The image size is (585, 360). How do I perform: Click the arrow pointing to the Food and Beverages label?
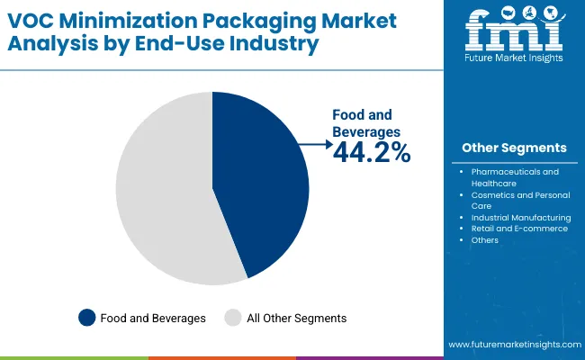(x=316, y=143)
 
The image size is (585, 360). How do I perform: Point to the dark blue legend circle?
(x=87, y=317)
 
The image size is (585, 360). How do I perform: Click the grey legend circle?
(x=232, y=317)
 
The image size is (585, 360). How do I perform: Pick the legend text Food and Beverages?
(x=153, y=318)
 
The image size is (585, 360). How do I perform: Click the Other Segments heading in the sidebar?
(x=514, y=148)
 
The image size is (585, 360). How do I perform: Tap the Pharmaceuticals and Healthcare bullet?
(x=514, y=176)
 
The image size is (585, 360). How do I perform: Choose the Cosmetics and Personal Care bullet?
(x=514, y=200)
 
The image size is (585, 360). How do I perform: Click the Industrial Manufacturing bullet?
(x=520, y=217)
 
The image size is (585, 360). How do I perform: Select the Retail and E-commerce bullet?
(x=518, y=229)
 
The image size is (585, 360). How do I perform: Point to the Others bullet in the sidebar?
(x=484, y=240)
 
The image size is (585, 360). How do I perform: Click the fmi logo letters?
(x=514, y=36)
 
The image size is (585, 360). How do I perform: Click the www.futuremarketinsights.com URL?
(x=513, y=345)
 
